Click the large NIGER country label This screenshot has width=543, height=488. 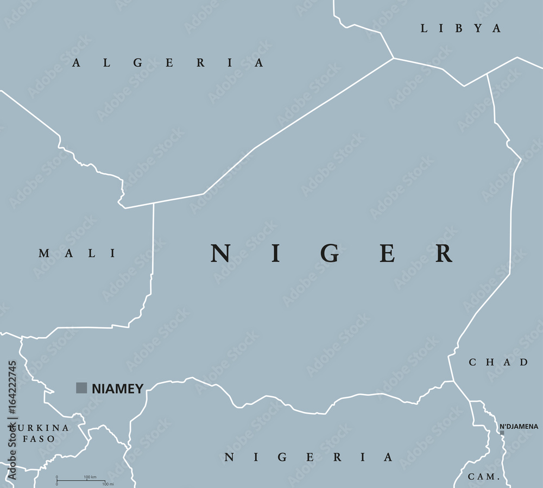tap(332, 253)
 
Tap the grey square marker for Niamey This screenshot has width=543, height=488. tap(81, 388)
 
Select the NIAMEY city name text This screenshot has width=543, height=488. tap(117, 388)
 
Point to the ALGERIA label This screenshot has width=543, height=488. tap(168, 63)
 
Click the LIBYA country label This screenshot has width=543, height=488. tap(460, 29)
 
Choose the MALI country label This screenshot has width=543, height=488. tap(77, 253)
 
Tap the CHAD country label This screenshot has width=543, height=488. tap(498, 362)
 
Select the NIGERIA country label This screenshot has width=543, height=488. tap(308, 457)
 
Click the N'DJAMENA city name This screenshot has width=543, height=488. tap(519, 426)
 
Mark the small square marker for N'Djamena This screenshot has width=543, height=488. tap(502, 433)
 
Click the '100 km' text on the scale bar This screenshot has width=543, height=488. tap(90, 477)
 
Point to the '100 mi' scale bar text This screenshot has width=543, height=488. tap(107, 484)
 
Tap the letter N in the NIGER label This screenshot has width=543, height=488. tap(220, 253)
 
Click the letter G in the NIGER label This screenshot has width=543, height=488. tap(330, 253)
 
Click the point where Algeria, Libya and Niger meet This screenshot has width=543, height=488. tap(394, 58)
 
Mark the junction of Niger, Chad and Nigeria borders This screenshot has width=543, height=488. tap(454, 381)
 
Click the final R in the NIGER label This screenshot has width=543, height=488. tap(444, 253)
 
